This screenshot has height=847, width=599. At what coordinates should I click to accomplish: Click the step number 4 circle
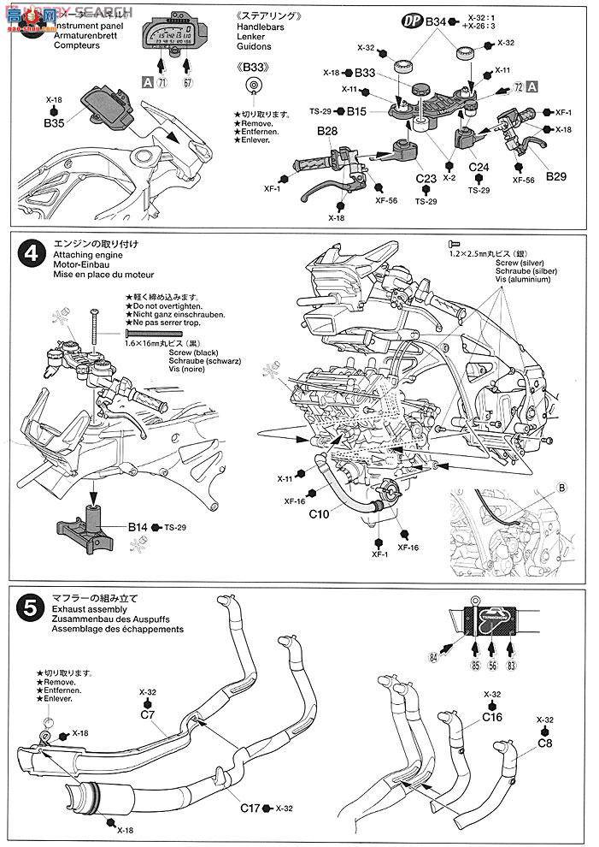[x=31, y=254]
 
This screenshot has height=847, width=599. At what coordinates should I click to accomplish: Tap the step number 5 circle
[x=31, y=609]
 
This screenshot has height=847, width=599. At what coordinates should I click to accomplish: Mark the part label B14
[x=139, y=527]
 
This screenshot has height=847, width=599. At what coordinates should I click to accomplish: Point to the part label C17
[x=251, y=806]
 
